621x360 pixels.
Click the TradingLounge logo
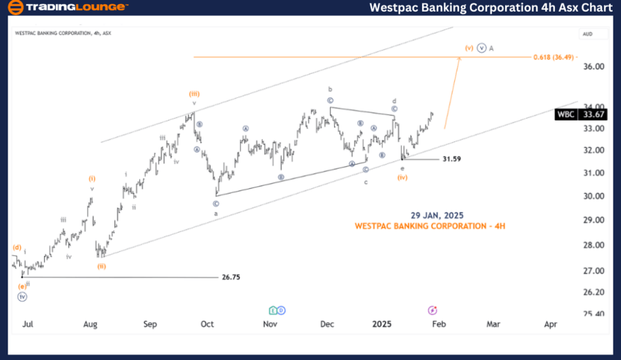click(x=67, y=8)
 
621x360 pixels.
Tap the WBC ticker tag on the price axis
click(x=565, y=114)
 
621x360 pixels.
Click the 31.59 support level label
click(x=451, y=159)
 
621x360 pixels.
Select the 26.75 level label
click(x=230, y=277)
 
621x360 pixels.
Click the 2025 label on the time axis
click(x=382, y=323)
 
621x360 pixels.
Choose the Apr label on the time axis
click(x=551, y=323)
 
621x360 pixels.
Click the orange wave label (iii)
click(x=195, y=93)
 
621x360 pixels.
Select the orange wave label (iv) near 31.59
click(x=402, y=177)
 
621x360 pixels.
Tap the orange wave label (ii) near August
click(x=101, y=266)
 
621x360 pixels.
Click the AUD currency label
click(x=587, y=34)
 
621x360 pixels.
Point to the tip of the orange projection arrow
click(x=459, y=57)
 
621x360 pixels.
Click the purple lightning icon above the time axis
click(x=432, y=310)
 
